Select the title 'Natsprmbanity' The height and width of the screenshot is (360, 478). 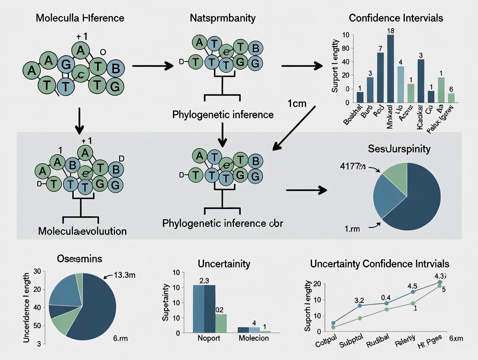point(222,18)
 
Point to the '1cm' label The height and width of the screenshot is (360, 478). point(297,104)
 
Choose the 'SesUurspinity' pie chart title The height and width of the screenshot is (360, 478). point(399,149)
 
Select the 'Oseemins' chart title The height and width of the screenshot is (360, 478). point(80,259)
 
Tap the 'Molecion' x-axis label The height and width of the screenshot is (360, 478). point(254,338)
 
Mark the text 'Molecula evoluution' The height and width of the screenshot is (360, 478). point(82,231)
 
